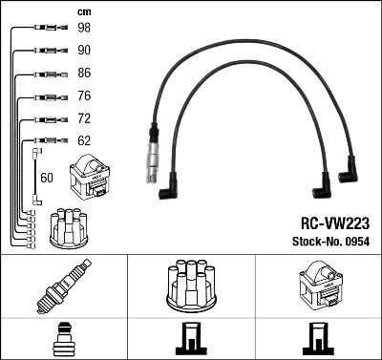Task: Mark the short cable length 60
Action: pos(48,178)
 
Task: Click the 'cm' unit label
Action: pos(84,10)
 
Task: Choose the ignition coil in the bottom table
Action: pos(317,285)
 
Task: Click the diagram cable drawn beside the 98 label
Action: pos(42,29)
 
